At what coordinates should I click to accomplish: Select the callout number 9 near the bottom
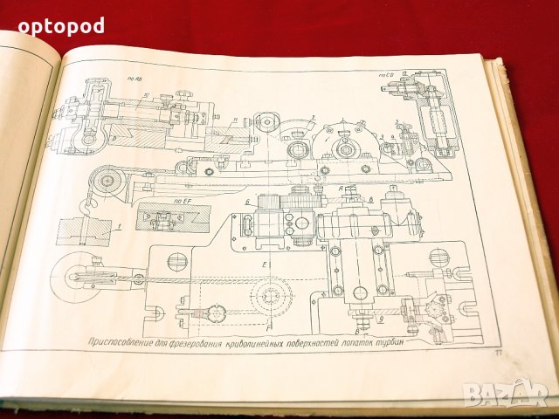point(357,329)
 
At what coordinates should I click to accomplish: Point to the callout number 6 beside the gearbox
point(249,202)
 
